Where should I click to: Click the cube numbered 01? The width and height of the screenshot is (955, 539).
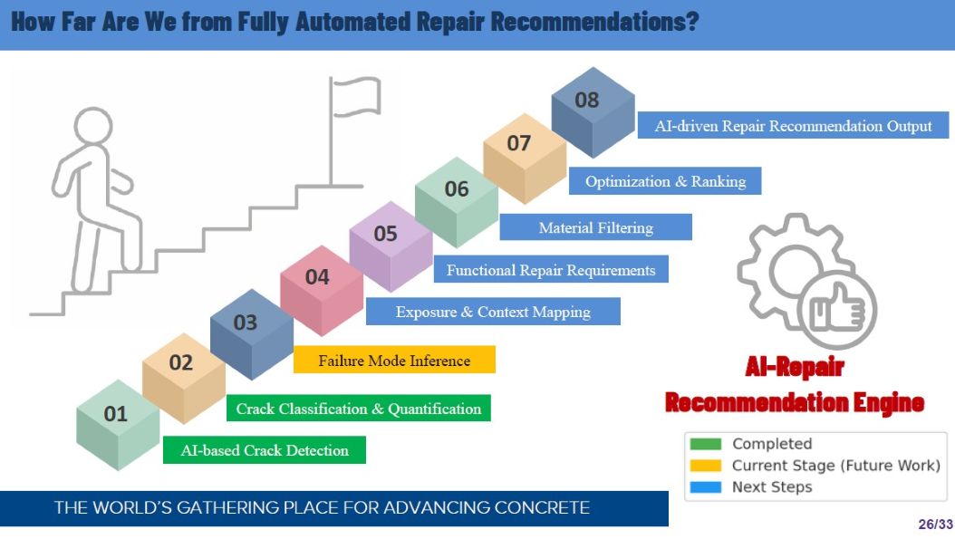click(118, 425)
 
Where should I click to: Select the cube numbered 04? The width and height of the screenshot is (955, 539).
click(322, 291)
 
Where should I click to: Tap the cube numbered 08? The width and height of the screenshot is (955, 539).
click(593, 112)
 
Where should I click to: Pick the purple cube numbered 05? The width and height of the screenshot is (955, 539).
click(391, 246)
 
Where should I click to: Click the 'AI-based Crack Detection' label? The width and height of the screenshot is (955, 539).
click(265, 450)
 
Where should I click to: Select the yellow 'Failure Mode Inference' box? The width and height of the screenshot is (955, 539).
click(395, 360)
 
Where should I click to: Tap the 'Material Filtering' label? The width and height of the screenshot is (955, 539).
click(595, 227)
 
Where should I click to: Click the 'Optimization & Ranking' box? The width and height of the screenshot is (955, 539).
click(665, 181)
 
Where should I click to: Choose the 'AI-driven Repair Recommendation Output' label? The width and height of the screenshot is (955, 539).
click(793, 125)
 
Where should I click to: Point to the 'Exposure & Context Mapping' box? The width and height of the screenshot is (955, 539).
click(493, 312)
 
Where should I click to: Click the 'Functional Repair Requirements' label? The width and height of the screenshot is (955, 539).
click(551, 269)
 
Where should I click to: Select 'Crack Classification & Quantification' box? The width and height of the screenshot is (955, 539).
click(359, 408)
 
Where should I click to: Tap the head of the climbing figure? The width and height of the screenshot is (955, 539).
click(93, 126)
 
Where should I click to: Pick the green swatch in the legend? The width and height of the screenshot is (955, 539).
click(706, 443)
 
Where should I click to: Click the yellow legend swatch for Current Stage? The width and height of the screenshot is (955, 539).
click(706, 466)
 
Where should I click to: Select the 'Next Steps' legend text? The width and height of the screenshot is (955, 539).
click(772, 487)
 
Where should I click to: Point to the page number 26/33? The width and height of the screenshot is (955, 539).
click(935, 525)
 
